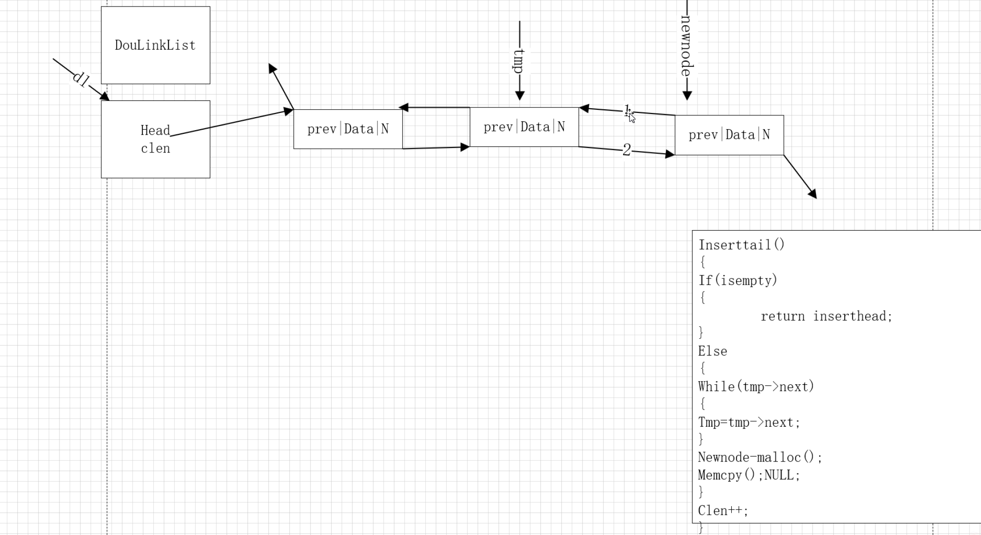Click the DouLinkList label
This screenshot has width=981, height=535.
tap(155, 45)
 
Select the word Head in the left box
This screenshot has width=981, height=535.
tap(155, 130)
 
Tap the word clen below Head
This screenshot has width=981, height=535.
tap(155, 148)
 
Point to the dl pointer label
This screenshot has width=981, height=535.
tap(80, 79)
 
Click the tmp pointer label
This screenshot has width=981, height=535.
tap(519, 61)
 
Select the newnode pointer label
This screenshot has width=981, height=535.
tap(687, 45)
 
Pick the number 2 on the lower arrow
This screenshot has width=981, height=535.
tap(627, 150)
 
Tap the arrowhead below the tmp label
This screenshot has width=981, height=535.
tap(520, 96)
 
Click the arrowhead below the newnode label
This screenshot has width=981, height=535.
tap(687, 96)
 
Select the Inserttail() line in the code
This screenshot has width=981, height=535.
tap(741, 245)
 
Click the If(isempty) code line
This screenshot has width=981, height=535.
tap(737, 280)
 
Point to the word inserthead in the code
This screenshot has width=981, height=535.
tap(852, 316)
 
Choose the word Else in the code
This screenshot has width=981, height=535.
tap(712, 351)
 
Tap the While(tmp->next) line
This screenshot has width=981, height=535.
tap(756, 386)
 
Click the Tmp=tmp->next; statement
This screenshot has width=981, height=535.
tap(749, 422)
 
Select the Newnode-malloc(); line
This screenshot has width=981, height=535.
tap(760, 457)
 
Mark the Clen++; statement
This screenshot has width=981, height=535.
tap(723, 510)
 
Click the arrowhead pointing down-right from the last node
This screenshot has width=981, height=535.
tap(813, 194)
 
